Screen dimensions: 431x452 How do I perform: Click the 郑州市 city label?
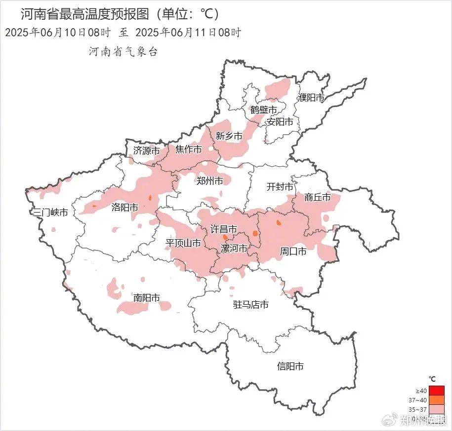tap(209, 181)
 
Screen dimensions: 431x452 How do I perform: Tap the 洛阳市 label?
tap(124, 207)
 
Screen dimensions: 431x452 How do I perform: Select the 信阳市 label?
tap(290, 366)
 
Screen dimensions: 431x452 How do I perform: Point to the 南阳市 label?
tap(147, 298)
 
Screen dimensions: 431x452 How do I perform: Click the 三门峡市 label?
tap(50, 213)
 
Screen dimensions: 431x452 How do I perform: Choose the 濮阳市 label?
tap(311, 98)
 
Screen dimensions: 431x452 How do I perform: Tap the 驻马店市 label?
tap(250, 305)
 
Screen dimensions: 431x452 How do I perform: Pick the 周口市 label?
tap(293, 251)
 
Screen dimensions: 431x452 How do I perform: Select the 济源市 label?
tap(146, 150)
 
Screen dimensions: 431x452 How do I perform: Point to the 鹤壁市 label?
tap(263, 109)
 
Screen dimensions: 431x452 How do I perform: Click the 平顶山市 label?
tap(183, 243)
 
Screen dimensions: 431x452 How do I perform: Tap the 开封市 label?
tap(280, 187)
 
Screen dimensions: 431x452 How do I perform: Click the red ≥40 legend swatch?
tap(437, 391)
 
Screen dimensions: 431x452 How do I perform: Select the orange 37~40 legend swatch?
tap(437, 400)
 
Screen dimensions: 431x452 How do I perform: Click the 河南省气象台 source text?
tap(123, 51)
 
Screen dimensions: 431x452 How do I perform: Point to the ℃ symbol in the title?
tap(208, 14)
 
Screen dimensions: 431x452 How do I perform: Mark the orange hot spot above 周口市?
tap(279, 223)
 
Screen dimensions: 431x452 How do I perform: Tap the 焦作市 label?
tap(189, 149)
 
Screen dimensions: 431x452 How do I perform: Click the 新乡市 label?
tap(229, 136)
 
